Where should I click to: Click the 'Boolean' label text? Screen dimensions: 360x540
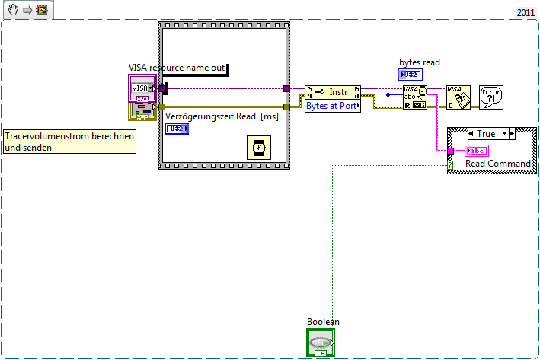323,322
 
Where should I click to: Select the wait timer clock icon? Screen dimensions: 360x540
257,148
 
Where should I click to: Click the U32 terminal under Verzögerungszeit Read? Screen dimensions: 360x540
177,129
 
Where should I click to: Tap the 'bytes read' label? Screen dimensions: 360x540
420,62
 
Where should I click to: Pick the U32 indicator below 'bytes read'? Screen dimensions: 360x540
409,75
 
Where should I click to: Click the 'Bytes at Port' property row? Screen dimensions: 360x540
331,107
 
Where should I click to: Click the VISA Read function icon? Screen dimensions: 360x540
414,98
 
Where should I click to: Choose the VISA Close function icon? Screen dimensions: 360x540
458,98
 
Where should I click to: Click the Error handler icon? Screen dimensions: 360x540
490,98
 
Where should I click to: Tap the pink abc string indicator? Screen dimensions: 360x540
476,150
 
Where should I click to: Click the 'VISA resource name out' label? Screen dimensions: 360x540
177,68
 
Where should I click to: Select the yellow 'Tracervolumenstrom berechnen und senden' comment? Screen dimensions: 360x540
70,142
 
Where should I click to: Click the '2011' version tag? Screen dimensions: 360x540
526,13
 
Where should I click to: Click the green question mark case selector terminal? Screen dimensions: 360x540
450,164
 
